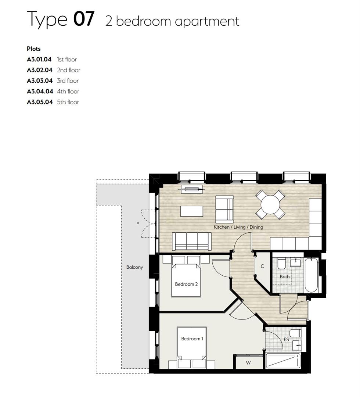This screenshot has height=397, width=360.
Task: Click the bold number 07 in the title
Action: pos(84,19)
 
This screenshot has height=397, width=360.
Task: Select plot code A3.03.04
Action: pos(40,81)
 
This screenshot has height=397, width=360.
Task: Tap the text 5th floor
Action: pos(68,102)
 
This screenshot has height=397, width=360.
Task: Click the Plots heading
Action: pos(34,49)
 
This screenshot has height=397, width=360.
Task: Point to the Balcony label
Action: pos(134,267)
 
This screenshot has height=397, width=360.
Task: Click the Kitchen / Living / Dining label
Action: pos(238,227)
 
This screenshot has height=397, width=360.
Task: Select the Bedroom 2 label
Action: pos(186,284)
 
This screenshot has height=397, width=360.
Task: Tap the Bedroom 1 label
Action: pos(192,339)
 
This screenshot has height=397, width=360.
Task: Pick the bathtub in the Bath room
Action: pos(311,275)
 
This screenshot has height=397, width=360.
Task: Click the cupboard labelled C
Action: pos(262,267)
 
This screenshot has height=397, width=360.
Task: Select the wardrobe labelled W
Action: pos(248,362)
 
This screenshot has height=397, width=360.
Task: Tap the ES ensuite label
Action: pos(286,340)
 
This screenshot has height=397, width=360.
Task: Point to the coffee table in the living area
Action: pos(192,211)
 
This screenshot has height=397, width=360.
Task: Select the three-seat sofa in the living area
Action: pos(191,242)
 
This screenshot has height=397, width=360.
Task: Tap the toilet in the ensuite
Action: pos(295,333)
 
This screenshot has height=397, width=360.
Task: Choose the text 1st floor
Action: pos(67,60)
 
